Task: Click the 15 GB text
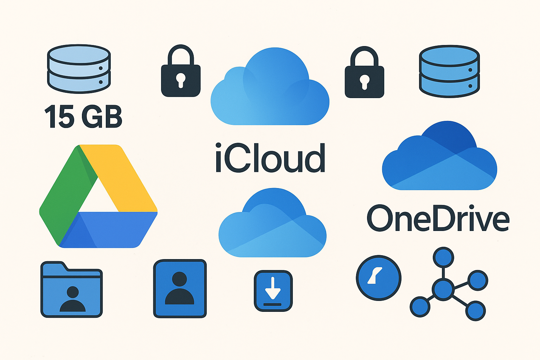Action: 83,116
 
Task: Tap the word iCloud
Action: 270,158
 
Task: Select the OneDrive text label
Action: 438,218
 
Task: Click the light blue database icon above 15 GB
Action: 79,69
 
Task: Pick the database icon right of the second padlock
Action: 449,71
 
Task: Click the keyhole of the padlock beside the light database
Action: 181,80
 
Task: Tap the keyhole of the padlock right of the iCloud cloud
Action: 365,82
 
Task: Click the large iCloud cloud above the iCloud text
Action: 270,87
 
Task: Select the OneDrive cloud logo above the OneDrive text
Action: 439,155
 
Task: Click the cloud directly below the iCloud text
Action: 272,223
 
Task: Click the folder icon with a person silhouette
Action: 72,289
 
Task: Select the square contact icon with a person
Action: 180,289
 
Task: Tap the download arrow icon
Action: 273,291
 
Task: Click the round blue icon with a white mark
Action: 379,278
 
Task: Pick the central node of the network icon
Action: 443,289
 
